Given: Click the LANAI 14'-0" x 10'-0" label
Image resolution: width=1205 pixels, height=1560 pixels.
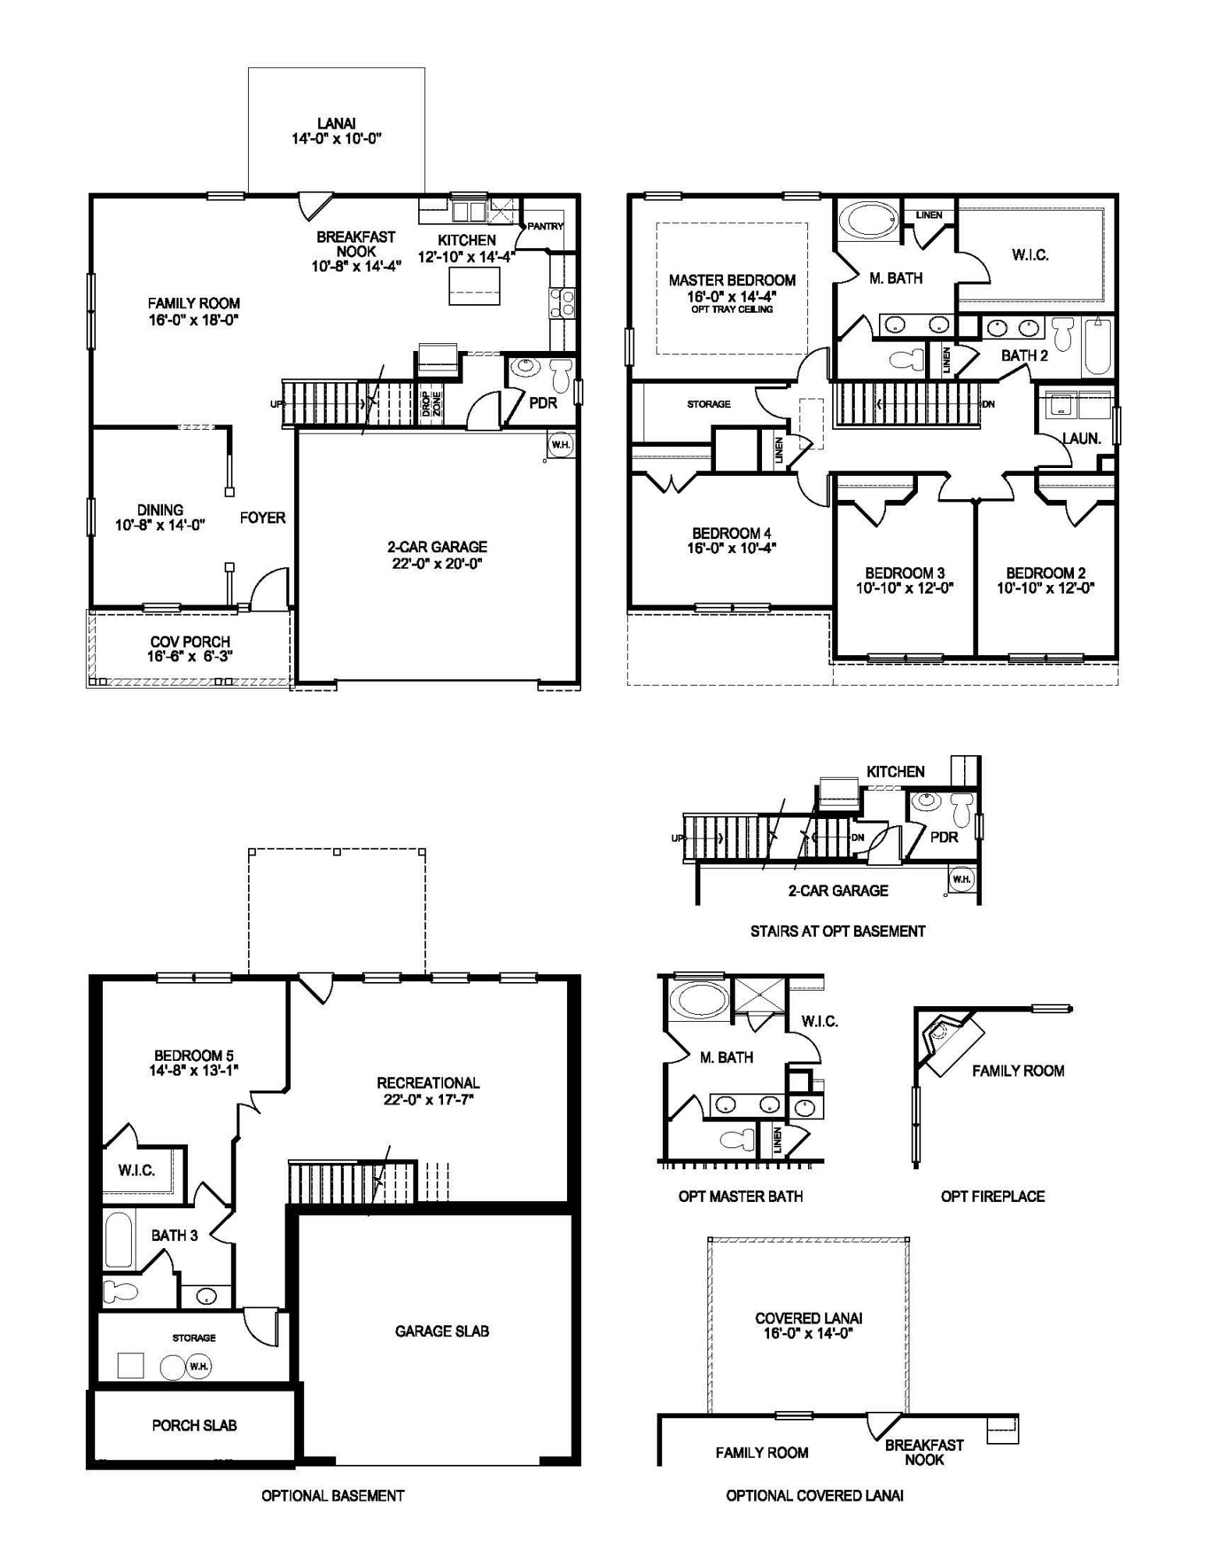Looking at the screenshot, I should point(336,131).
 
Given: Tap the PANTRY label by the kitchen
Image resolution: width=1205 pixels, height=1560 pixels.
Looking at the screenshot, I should point(545,226).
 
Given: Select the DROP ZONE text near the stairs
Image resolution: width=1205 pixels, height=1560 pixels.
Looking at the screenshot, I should point(431,406).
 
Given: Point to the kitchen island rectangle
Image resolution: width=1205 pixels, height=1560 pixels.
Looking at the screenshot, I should point(473,285).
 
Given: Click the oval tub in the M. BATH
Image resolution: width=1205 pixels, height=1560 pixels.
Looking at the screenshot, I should point(867,221).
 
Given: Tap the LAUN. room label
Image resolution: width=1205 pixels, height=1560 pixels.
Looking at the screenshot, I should point(1081,438).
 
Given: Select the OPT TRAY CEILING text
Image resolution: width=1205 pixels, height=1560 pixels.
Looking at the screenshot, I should point(732,310).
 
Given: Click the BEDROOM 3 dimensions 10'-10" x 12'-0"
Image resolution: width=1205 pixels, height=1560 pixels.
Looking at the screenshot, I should point(905,588).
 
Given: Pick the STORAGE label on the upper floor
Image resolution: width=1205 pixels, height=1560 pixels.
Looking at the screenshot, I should point(708,404).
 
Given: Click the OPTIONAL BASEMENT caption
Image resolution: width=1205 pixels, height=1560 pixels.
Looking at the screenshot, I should point(332,1495).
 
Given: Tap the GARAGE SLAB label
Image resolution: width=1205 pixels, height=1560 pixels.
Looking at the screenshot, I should point(441,1331).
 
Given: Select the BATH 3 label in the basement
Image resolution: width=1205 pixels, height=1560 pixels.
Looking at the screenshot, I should point(174,1236).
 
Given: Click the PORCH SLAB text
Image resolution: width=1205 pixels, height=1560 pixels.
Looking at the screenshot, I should point(194,1425).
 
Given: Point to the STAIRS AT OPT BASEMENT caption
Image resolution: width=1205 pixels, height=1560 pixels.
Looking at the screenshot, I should point(838,931).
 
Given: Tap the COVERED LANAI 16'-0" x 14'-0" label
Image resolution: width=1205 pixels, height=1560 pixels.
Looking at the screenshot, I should point(808,1326).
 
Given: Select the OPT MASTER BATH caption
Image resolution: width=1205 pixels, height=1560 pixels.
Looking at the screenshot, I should point(740,1197).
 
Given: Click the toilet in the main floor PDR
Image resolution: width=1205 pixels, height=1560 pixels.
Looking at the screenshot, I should point(560,377).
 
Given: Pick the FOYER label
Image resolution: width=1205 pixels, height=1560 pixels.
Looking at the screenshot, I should point(262,517).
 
